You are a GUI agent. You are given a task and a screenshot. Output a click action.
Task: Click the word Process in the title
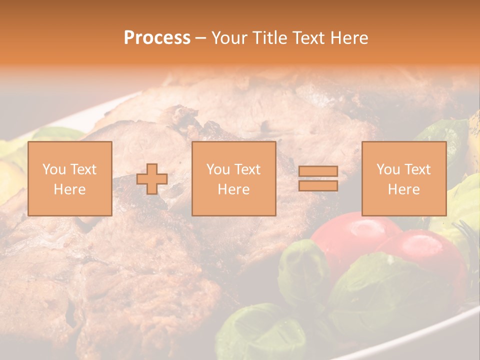tap(157, 37)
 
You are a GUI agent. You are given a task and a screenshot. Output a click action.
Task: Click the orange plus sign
tap(152, 179)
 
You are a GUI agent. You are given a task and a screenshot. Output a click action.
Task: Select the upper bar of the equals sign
tap(318, 171)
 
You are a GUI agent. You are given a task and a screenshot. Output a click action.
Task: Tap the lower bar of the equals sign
tap(318, 185)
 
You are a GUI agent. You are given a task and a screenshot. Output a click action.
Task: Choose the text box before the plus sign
tap(69, 178)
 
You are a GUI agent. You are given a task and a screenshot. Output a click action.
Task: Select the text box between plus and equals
tap(233, 178)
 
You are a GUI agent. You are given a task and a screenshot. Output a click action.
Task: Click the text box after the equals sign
tap(403, 178)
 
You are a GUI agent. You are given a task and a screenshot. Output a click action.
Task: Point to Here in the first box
tap(69, 189)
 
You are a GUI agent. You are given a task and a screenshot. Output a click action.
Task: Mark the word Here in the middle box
tap(233, 189)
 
